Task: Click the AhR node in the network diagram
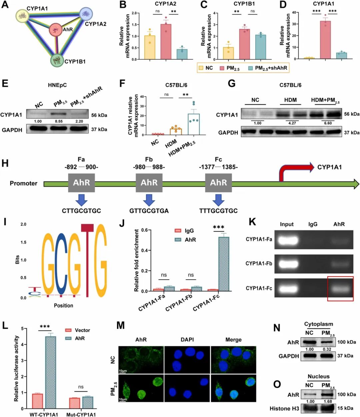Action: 56,30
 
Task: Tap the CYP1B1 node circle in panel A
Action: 57,60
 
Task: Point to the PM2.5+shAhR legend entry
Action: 268,68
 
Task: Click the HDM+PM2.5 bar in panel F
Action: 193,124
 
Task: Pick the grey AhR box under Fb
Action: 149,182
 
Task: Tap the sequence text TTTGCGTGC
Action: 218,211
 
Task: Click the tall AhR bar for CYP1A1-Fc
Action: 224,264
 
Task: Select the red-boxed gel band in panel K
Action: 340,289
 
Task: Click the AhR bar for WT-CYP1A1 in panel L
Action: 51,372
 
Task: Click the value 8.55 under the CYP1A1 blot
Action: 59,121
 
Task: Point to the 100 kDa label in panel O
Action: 347,394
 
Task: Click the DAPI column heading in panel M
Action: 187,340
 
